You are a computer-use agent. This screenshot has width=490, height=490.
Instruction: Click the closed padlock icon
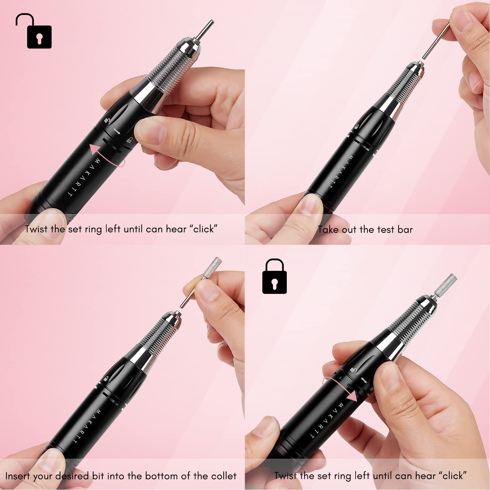point(274,277)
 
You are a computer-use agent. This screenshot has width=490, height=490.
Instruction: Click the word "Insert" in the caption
point(18,476)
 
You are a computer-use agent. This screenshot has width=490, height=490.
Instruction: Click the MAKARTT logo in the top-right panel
point(340,171)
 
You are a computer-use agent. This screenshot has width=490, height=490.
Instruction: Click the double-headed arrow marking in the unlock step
point(117,132)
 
